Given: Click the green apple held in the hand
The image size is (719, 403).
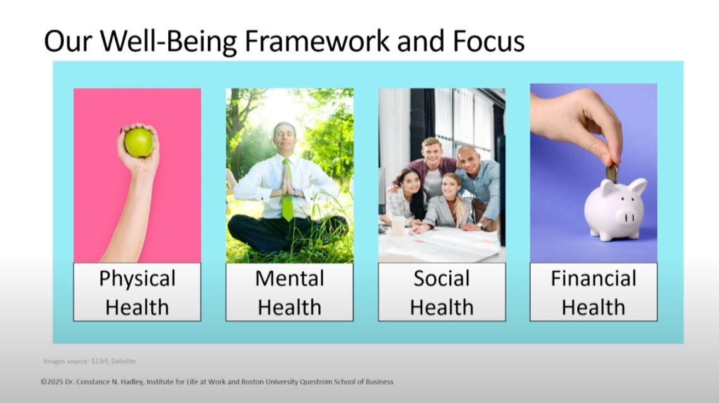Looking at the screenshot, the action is tap(139, 143).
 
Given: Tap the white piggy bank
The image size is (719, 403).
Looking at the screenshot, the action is tap(615, 209).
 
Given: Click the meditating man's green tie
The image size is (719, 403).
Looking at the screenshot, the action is tap(287, 190).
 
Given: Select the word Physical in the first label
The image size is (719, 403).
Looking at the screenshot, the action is tap(137, 279).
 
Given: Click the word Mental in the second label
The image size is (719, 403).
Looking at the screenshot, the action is tap(289, 278).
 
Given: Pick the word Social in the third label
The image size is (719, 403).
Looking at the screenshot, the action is tap(442, 278).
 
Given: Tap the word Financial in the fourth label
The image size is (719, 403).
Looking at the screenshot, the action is tap(594, 278).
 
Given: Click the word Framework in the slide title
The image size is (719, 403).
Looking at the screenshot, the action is tap(317, 41).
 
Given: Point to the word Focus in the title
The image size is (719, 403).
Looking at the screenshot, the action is tap(488, 41).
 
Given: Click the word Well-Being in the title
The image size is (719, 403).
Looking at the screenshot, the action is tap(168, 42).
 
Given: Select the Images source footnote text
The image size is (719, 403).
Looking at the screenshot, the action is tap(89, 361).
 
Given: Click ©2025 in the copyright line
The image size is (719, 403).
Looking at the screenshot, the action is tap(52, 382).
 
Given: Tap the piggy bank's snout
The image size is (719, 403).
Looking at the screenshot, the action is tap(629, 216).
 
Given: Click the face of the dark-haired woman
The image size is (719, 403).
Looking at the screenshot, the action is tap(411, 182).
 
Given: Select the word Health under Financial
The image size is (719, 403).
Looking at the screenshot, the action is tap(594, 307).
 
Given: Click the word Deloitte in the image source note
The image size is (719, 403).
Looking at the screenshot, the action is tap(124, 361).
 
